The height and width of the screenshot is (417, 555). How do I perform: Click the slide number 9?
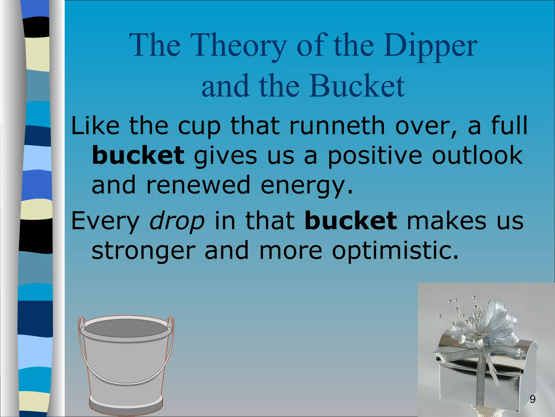(533, 399)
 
